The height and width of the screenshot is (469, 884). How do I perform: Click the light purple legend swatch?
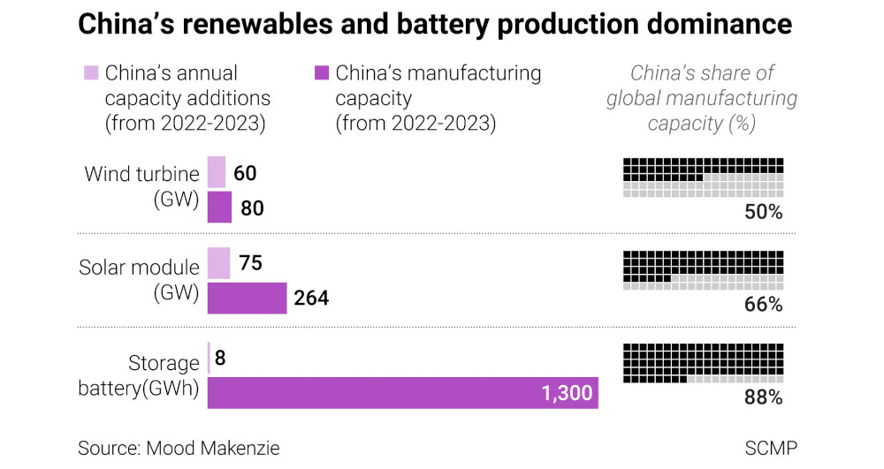(91, 72)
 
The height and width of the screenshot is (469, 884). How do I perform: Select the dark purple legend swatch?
(322, 72)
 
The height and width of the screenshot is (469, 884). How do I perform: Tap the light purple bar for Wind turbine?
(217, 172)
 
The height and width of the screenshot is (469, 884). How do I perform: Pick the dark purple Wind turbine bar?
(219, 208)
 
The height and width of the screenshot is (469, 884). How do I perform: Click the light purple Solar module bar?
(218, 263)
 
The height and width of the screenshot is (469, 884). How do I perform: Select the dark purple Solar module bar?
(247, 298)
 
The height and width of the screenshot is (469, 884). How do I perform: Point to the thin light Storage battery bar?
(209, 358)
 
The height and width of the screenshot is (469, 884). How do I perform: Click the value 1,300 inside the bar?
(568, 393)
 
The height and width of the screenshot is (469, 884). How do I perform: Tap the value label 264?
(311, 298)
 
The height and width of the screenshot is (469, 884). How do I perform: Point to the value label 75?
(250, 263)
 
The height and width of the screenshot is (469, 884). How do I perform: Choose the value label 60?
(245, 173)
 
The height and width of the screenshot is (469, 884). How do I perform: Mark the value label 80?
(252, 208)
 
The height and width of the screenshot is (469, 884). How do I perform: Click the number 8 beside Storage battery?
(220, 358)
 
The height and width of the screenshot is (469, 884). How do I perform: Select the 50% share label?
(764, 212)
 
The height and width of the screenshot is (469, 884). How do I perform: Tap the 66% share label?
(764, 305)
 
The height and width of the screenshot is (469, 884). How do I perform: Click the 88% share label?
(764, 397)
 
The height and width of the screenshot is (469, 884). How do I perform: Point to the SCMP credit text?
(771, 448)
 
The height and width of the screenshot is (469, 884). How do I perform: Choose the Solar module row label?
(139, 280)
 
